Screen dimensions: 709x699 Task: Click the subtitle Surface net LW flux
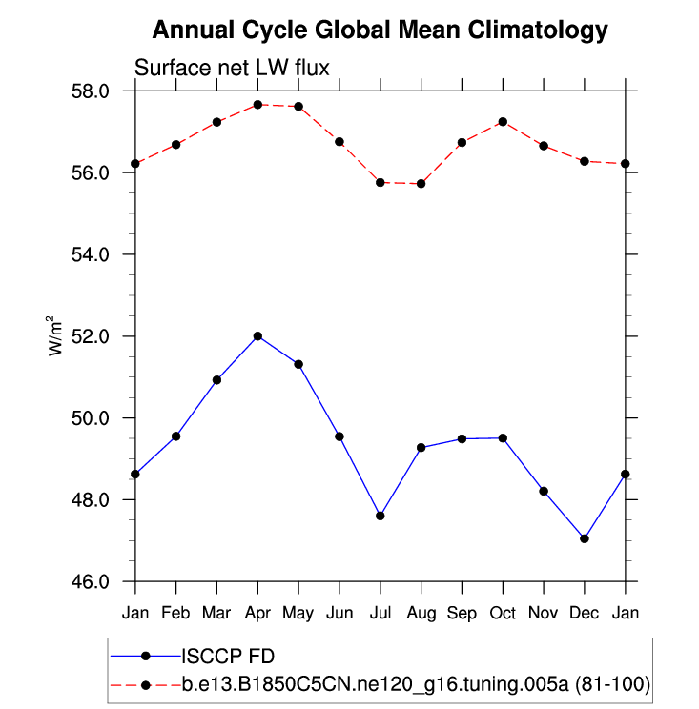232,68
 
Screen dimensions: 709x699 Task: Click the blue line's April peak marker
257,336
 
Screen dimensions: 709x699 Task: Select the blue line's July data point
380,516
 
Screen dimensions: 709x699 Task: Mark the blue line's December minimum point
584,538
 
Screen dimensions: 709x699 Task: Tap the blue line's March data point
216,380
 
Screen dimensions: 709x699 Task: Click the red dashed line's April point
257,105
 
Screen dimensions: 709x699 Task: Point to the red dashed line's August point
421,183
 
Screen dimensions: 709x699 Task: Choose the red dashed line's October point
503,122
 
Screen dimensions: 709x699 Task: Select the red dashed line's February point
176,145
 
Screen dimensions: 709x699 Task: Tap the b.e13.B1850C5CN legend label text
416,683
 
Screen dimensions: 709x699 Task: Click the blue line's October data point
503,438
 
